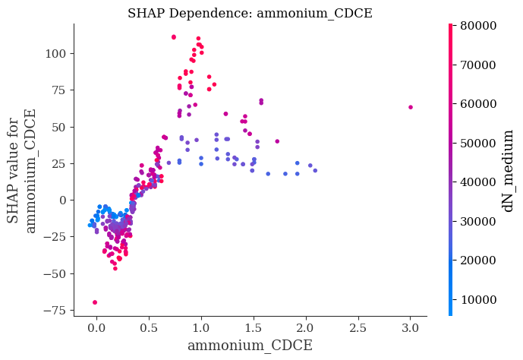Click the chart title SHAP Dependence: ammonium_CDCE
tap(250, 14)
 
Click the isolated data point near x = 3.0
tap(411, 107)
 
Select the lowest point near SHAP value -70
tap(95, 302)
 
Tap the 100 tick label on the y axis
tap(55, 53)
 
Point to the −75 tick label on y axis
tap(55, 311)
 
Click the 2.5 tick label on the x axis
tap(358, 328)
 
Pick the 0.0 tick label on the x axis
tap(96, 328)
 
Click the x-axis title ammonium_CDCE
tap(250, 346)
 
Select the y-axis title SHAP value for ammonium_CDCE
tap(20, 170)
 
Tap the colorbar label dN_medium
tap(507, 171)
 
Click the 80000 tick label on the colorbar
tap(478, 26)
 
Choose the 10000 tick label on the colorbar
tap(478, 299)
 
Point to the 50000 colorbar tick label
tap(478, 143)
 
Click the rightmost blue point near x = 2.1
tap(315, 170)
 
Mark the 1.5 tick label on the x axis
tap(254, 328)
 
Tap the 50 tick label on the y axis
tap(58, 127)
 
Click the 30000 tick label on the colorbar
tap(478, 221)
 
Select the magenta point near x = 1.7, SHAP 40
tap(277, 141)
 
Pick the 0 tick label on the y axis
tap(62, 201)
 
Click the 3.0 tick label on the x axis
tap(410, 328)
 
